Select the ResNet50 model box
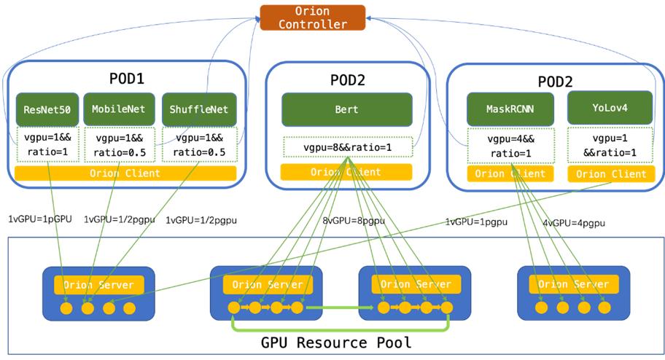pos(47,109)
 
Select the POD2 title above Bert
pos(346,79)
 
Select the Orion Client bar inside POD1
pos(125,173)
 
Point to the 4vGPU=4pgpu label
pos(573,223)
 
